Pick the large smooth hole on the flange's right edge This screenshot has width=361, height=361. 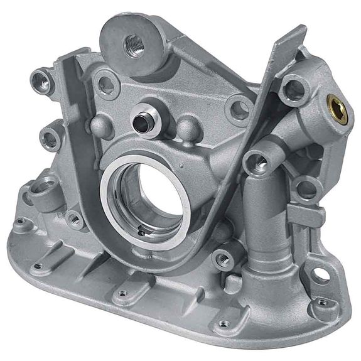(321, 274)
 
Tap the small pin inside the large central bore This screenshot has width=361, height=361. (141, 232)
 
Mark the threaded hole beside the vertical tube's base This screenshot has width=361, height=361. (222, 258)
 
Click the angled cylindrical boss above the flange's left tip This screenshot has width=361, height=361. (45, 187)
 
